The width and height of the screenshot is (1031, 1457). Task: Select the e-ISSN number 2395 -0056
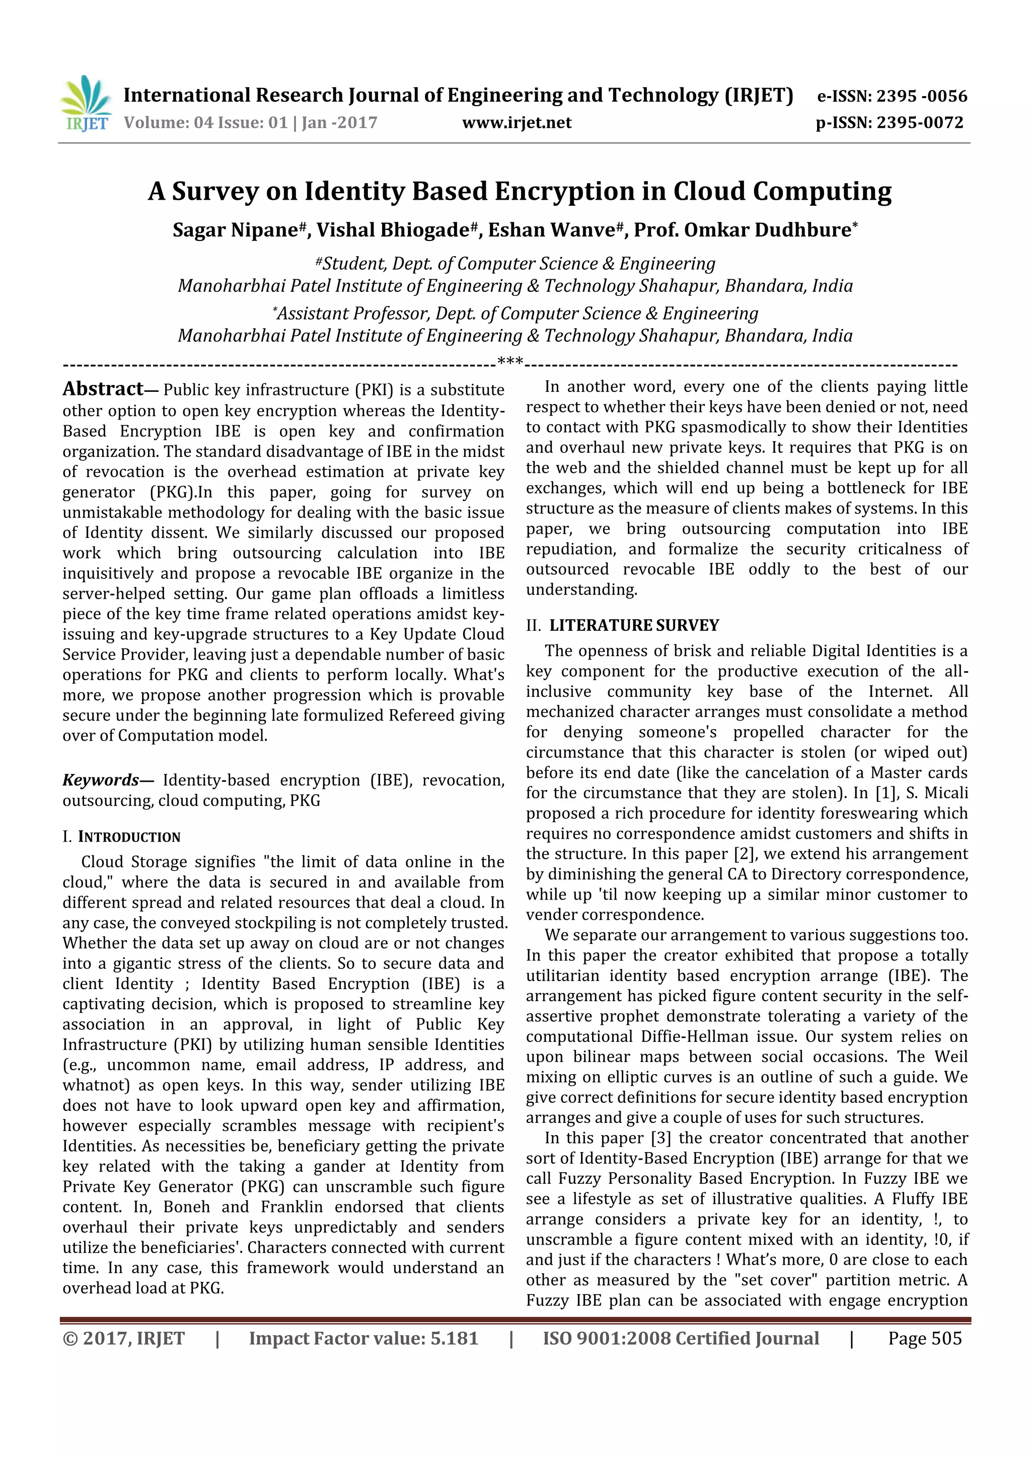click(922, 97)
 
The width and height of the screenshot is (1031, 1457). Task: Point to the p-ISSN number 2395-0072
click(920, 123)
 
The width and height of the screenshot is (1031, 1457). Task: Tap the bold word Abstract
click(103, 389)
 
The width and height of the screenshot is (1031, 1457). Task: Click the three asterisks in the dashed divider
click(510, 362)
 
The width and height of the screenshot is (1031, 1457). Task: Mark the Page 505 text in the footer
click(925, 1338)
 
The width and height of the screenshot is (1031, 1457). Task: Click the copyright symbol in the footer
click(70, 1339)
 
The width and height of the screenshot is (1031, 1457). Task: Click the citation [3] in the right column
click(661, 1139)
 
